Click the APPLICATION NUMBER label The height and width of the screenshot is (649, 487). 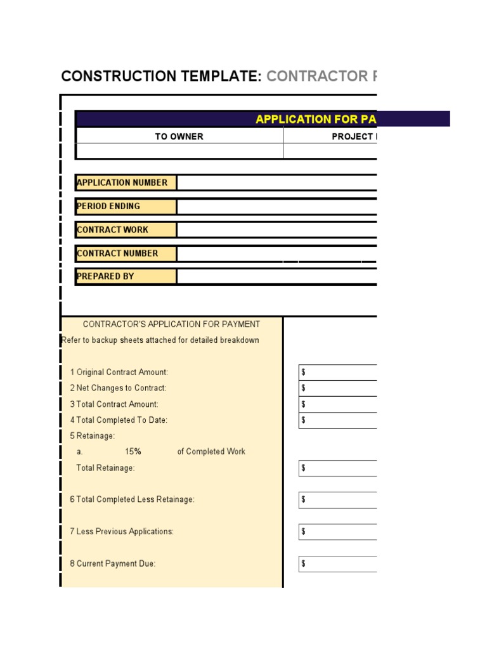[122, 183]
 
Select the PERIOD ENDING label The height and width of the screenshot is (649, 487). [108, 206]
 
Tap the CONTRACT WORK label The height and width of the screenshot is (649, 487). [112, 229]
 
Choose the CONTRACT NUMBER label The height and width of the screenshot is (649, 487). [117, 253]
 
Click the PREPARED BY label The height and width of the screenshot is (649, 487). [105, 276]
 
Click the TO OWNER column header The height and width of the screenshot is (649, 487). [179, 136]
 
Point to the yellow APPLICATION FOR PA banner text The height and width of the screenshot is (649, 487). [315, 119]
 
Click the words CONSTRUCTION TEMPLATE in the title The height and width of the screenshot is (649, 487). [161, 77]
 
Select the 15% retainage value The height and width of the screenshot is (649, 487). [133, 452]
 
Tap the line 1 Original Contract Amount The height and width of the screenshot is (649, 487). [119, 372]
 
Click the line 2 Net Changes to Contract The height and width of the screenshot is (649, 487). [118, 388]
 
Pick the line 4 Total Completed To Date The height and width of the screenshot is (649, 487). [119, 420]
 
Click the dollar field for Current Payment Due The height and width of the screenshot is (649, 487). [337, 563]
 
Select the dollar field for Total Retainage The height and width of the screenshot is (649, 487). [337, 468]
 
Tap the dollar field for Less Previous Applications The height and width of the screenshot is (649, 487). [337, 531]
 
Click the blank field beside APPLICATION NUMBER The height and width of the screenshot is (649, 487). [276, 183]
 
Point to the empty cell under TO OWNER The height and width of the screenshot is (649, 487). [179, 151]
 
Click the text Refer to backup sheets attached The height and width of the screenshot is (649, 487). [160, 340]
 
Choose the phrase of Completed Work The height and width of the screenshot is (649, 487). [211, 452]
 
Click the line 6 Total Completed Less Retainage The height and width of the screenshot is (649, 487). [132, 499]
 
